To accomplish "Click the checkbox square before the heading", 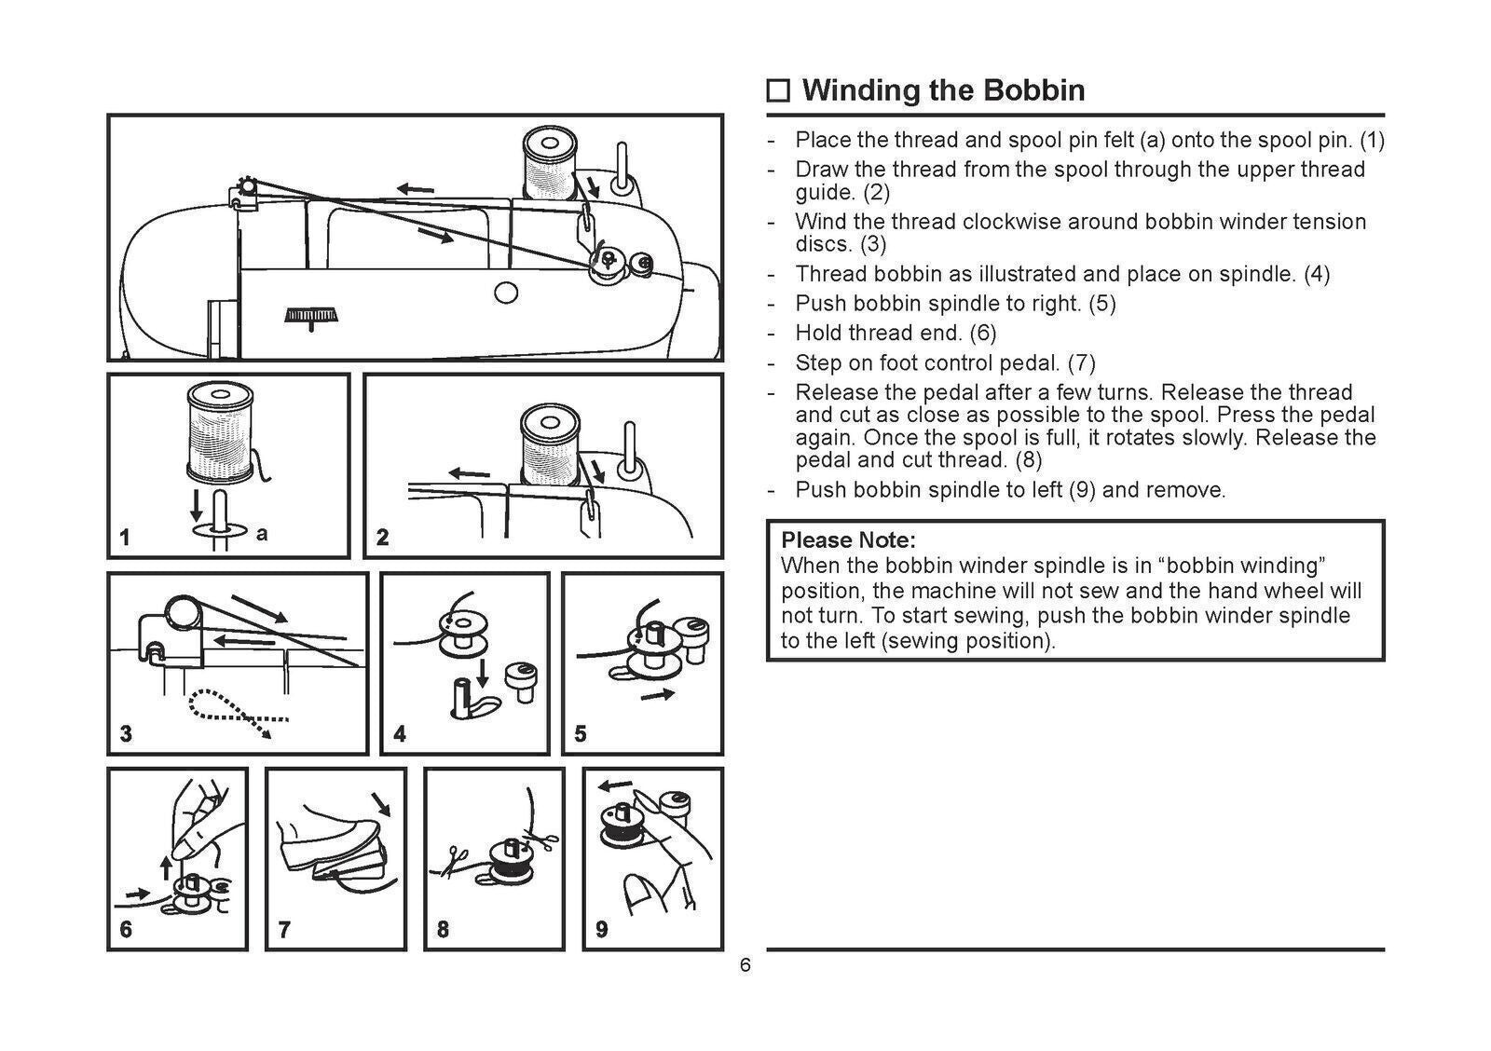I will tap(778, 91).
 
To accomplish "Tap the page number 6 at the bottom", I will tap(745, 965).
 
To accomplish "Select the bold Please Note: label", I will tap(848, 540).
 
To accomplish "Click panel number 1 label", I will tap(125, 538).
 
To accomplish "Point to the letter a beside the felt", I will tap(262, 534).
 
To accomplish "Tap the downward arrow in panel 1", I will tap(196, 504).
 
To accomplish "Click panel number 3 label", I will tap(126, 734).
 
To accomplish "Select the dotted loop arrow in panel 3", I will tap(233, 714).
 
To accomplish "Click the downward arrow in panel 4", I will tap(484, 673).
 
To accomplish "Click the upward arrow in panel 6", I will tap(167, 867).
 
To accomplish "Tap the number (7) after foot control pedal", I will tap(1081, 362).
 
